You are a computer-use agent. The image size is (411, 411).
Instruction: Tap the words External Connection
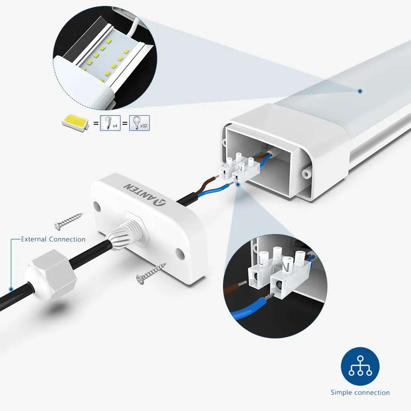click(x=53, y=239)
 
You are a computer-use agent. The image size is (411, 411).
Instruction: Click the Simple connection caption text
click(x=360, y=393)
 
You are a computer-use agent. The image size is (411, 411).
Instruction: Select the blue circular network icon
click(x=360, y=366)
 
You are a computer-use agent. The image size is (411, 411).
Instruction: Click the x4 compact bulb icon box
click(x=110, y=123)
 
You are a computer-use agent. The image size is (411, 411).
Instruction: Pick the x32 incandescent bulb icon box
click(x=139, y=123)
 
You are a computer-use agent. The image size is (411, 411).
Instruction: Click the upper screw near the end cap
click(x=68, y=222)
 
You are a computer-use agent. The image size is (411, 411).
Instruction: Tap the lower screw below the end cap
click(x=151, y=273)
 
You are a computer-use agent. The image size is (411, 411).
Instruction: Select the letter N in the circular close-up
click(x=286, y=268)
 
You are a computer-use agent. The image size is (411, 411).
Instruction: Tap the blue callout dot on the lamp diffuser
click(x=360, y=91)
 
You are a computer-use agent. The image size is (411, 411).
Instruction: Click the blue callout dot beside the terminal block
click(x=238, y=185)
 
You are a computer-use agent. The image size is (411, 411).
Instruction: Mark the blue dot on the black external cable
click(x=11, y=289)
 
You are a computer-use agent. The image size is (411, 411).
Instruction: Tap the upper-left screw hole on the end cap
click(x=97, y=207)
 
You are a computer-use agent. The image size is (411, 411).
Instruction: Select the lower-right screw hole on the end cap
click(x=179, y=253)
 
